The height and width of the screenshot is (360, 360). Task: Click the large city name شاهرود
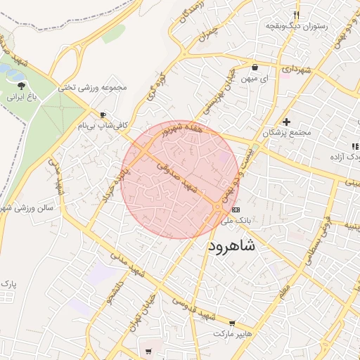click(x=232, y=247)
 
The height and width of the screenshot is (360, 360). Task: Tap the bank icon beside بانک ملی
click(x=236, y=210)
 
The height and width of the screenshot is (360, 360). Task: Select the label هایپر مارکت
click(x=233, y=331)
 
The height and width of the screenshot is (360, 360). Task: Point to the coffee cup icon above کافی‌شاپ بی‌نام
click(x=103, y=115)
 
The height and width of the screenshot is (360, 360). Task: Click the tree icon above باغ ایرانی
click(x=20, y=86)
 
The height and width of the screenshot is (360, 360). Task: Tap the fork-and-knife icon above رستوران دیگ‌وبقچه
click(x=297, y=14)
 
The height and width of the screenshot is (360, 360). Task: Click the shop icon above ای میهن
click(x=254, y=67)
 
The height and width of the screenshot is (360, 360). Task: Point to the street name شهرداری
click(x=296, y=70)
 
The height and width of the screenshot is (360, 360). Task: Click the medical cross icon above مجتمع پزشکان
click(x=285, y=122)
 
